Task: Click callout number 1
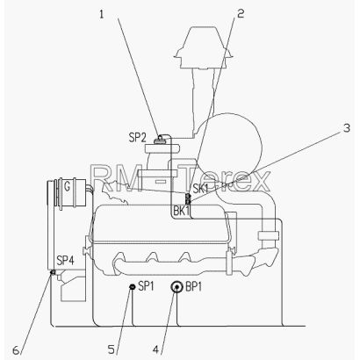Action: pos(102,14)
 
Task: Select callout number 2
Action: pos(241,13)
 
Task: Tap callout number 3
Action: pos(347,128)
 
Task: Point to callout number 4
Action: pos(155,349)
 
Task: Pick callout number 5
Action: pos(112,349)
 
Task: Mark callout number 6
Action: pos(16,350)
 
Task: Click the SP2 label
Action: pos(137,137)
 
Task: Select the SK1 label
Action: pos(200,189)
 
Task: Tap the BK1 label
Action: pos(182,211)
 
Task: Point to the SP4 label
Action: pos(66,260)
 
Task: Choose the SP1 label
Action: pos(146,286)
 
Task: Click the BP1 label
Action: pos(194,287)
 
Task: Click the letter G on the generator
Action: pos(67,187)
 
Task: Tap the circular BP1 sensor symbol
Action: pos(176,287)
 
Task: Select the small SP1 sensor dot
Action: pos(132,287)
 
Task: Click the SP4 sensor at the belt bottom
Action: pos(53,272)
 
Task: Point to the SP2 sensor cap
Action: pos(160,139)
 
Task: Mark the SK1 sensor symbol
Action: pos(188,198)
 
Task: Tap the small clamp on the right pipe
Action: pos(269,235)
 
